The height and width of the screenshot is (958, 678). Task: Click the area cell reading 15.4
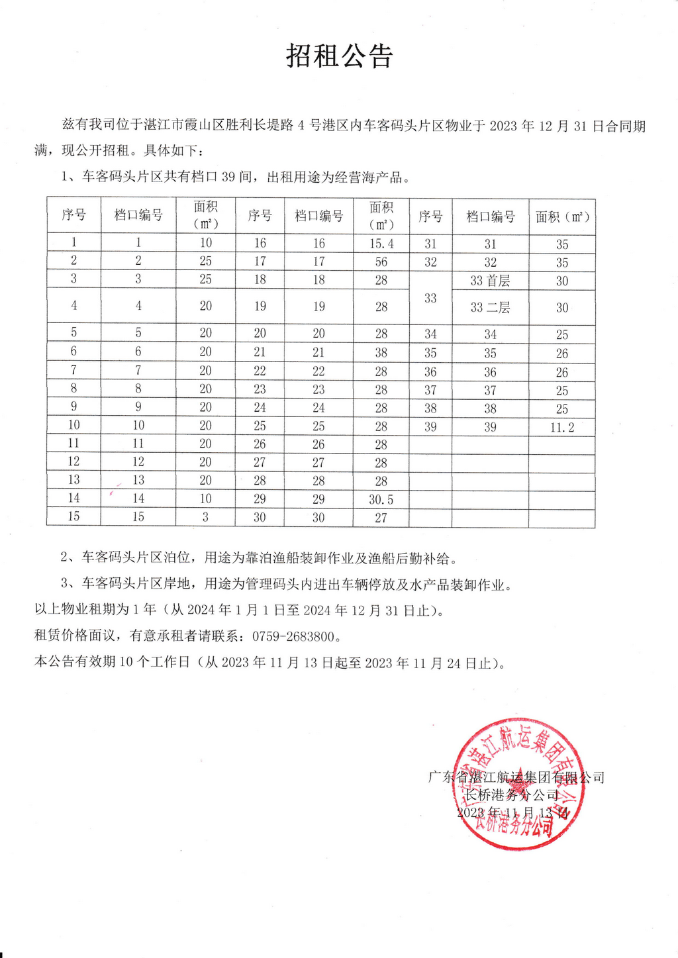click(381, 244)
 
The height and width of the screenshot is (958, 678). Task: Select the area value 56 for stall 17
click(381, 262)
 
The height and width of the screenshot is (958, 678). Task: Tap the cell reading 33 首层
click(490, 281)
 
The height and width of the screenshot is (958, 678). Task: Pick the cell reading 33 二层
click(490, 307)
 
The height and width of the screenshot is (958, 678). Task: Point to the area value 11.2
click(562, 428)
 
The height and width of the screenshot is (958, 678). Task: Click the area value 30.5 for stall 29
click(381, 500)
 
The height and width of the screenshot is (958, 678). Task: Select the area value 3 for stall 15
click(205, 517)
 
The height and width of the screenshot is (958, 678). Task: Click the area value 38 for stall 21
click(381, 353)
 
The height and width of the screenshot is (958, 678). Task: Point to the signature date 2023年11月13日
click(512, 813)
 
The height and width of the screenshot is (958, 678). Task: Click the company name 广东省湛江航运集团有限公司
click(516, 777)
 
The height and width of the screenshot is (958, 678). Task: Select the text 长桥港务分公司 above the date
click(512, 795)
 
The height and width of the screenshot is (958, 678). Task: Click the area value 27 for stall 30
click(381, 518)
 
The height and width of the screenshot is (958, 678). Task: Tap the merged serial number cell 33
click(430, 298)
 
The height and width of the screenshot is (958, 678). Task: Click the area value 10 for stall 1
click(206, 242)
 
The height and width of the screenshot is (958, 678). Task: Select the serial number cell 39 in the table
click(430, 427)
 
